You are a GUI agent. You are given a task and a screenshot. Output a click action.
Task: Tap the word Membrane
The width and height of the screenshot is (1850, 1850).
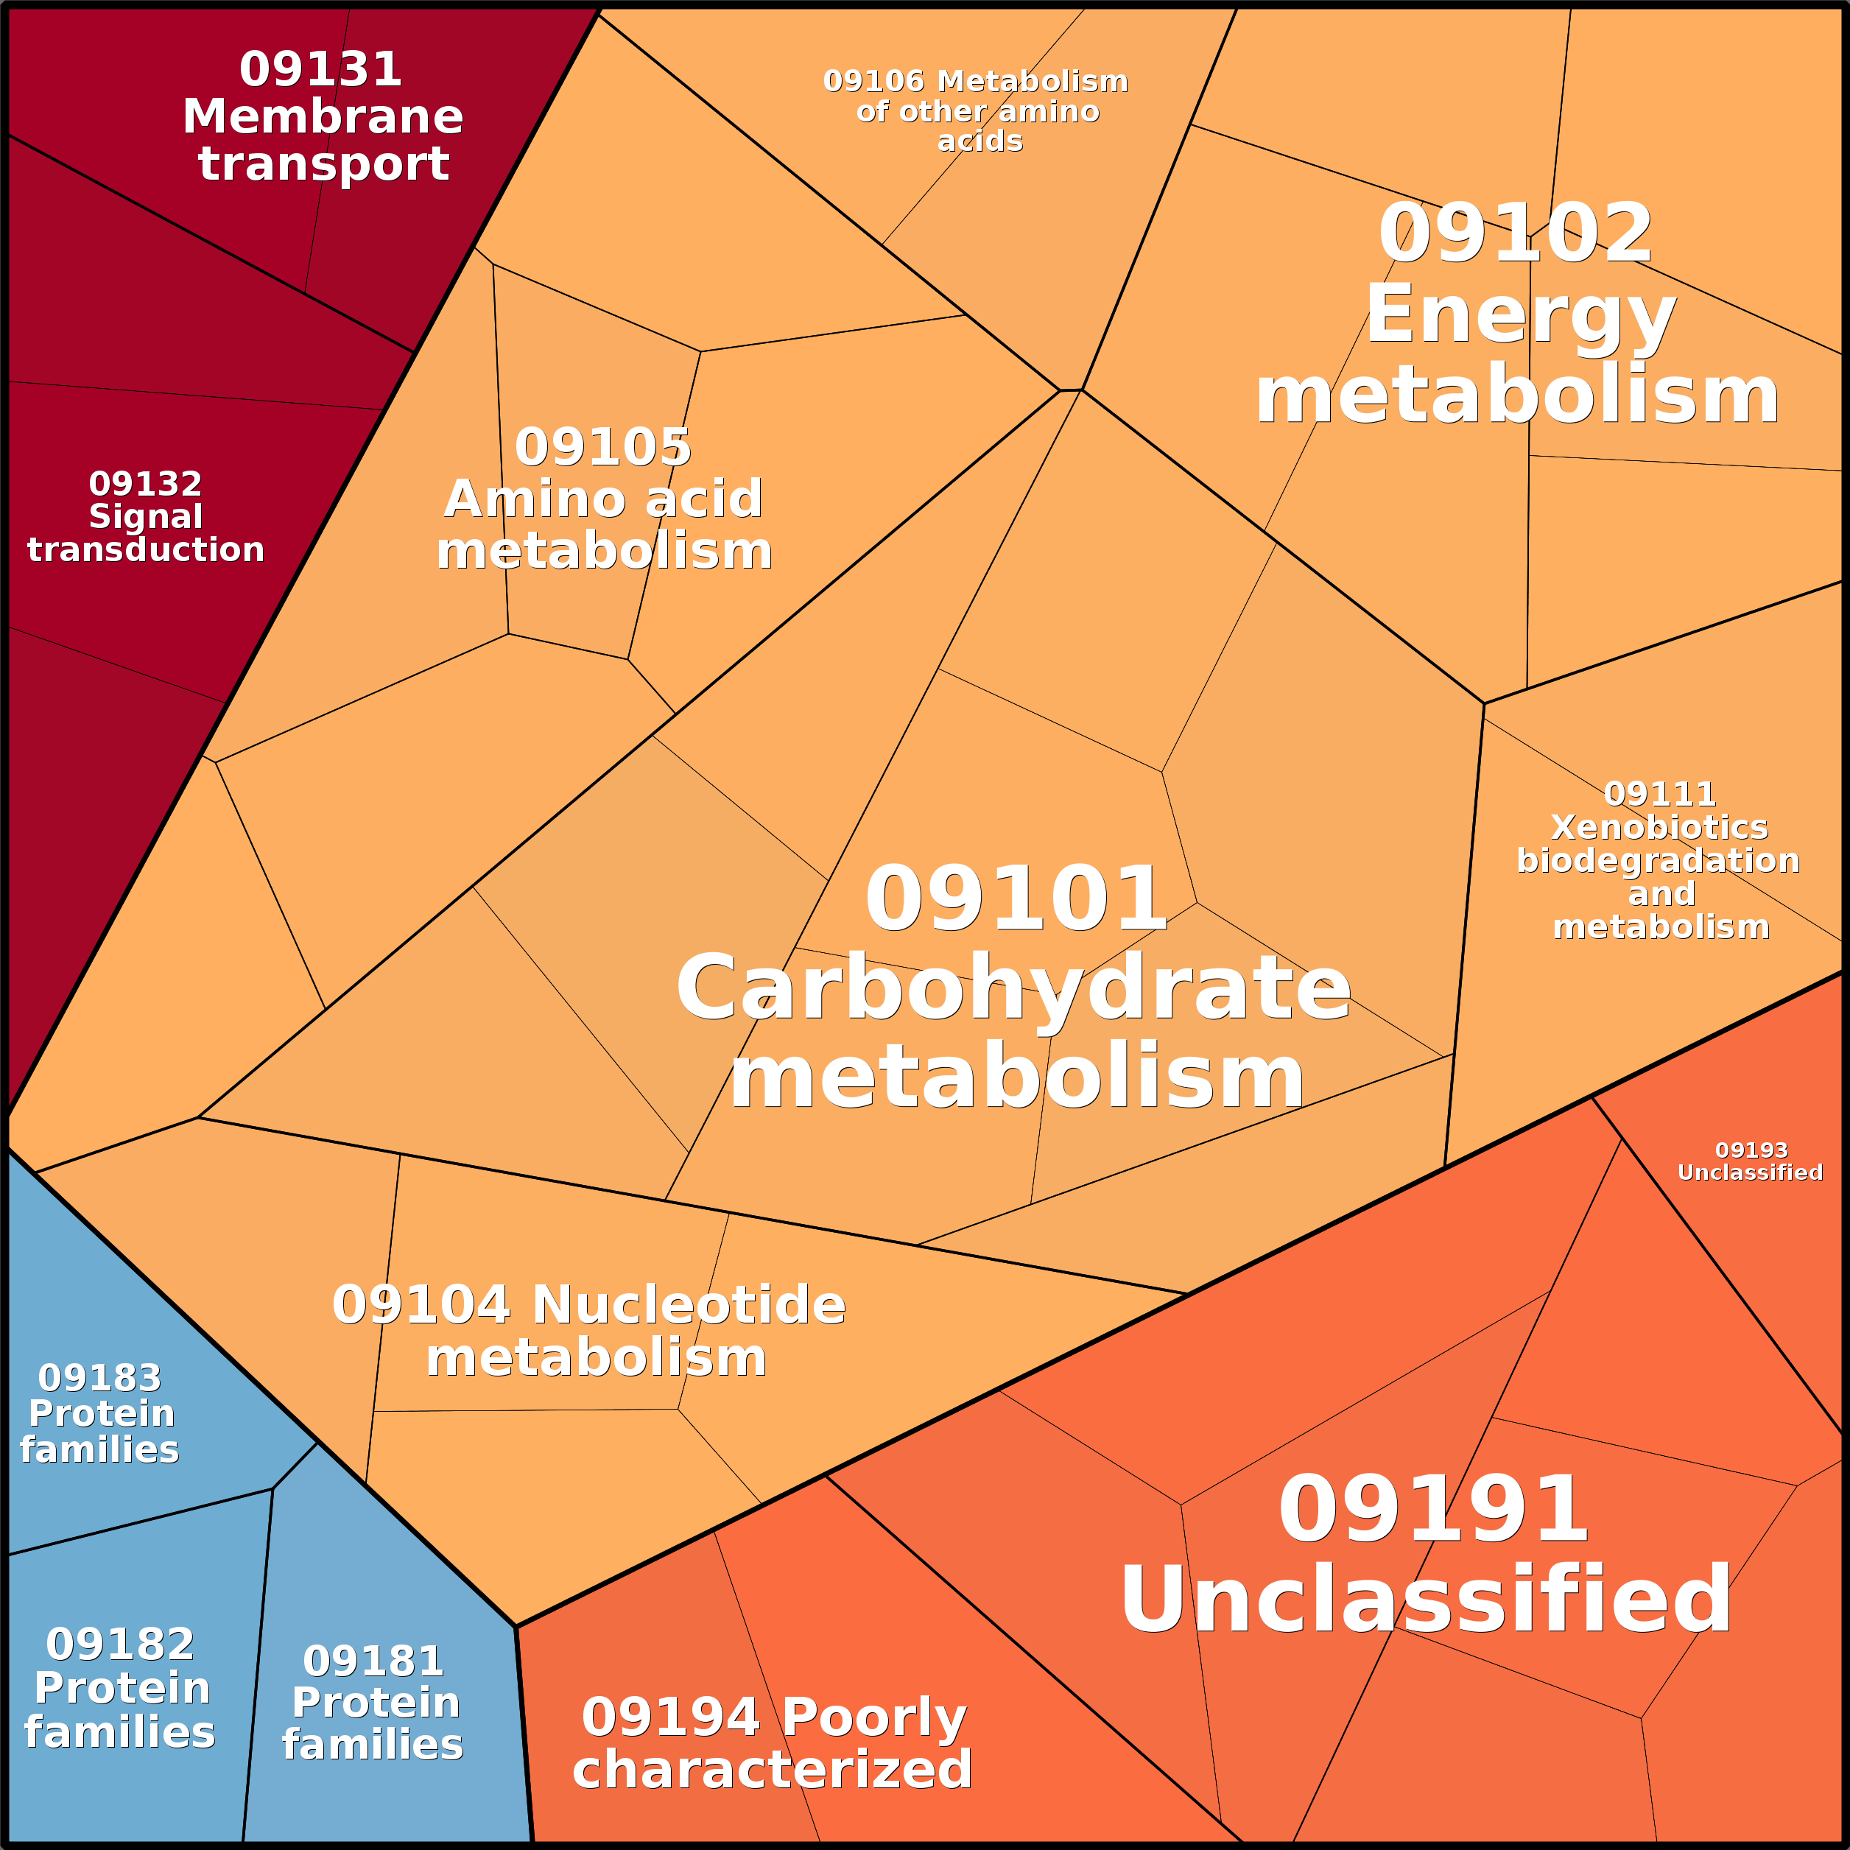[x=323, y=117]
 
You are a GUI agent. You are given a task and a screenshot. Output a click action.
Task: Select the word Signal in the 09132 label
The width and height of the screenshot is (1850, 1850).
[x=146, y=517]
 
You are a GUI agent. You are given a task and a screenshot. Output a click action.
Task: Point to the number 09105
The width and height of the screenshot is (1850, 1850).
[x=602, y=447]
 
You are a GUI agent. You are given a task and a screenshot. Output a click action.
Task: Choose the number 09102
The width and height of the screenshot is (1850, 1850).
[x=1515, y=235]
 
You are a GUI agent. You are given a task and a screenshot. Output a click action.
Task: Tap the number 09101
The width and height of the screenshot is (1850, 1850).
[x=1015, y=899]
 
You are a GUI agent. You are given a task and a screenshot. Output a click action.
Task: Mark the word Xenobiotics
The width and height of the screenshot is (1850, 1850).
[x=1659, y=827]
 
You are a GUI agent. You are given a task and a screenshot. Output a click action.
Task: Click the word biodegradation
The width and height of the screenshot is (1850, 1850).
[x=1659, y=861]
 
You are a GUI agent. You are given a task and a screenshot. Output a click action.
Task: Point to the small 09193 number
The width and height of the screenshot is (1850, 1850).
[x=1751, y=1150]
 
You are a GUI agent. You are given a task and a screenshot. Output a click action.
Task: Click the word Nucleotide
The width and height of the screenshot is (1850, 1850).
[x=689, y=1305]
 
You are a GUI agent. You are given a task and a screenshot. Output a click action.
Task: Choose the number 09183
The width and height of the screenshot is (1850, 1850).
[x=99, y=1378]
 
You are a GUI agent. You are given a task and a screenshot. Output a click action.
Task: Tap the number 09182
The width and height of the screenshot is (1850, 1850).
[x=120, y=1644]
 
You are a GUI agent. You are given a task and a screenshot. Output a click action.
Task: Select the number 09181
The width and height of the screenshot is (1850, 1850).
[x=373, y=1661]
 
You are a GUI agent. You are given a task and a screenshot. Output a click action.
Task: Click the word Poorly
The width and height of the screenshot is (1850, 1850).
[x=874, y=1717]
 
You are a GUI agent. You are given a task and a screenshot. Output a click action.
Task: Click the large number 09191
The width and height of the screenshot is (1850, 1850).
[x=1433, y=1510]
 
